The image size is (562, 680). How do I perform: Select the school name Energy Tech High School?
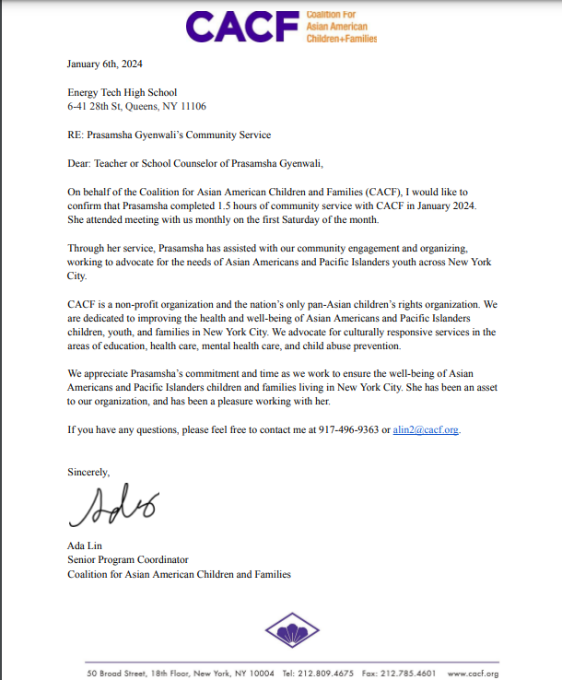pos(122,92)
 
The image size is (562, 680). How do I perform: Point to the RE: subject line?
pos(169,135)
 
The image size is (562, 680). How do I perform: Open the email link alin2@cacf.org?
pos(426,430)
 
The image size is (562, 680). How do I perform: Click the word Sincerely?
pos(88,472)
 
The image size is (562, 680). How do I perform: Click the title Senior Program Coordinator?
pos(127,560)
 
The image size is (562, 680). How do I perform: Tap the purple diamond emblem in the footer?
pos(292,632)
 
